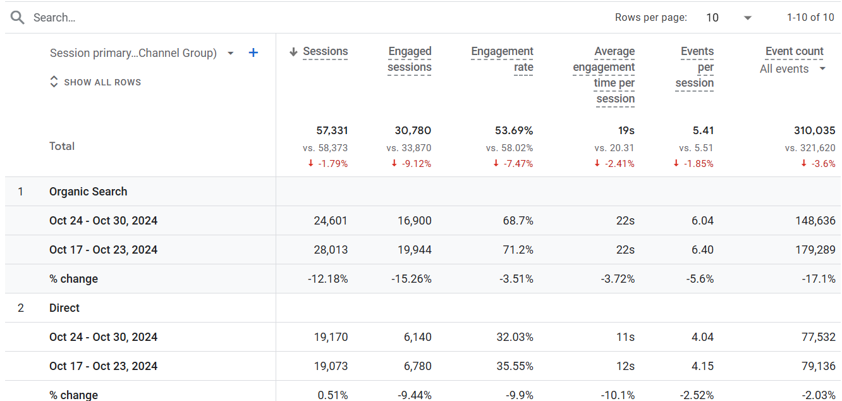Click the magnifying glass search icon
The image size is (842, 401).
click(17, 17)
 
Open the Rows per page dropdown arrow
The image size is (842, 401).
click(748, 18)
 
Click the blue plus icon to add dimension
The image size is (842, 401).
click(253, 52)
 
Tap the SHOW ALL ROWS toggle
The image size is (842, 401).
click(95, 82)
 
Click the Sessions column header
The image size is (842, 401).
click(325, 51)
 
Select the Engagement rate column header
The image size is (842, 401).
click(502, 59)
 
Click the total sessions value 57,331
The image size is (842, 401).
click(332, 130)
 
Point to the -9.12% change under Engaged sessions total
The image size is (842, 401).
click(412, 164)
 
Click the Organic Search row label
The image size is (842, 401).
click(88, 192)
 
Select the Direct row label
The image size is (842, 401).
click(64, 308)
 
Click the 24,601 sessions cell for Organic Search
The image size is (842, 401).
click(331, 221)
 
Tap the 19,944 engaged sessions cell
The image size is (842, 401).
click(415, 250)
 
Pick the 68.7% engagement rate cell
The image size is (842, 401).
click(518, 221)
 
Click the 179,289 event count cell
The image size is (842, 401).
click(815, 250)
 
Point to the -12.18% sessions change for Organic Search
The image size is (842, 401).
click(328, 279)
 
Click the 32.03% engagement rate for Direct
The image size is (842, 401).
click(515, 336)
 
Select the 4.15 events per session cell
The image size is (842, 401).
click(702, 366)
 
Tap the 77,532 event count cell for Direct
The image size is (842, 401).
click(819, 336)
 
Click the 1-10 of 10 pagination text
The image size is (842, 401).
click(810, 17)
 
